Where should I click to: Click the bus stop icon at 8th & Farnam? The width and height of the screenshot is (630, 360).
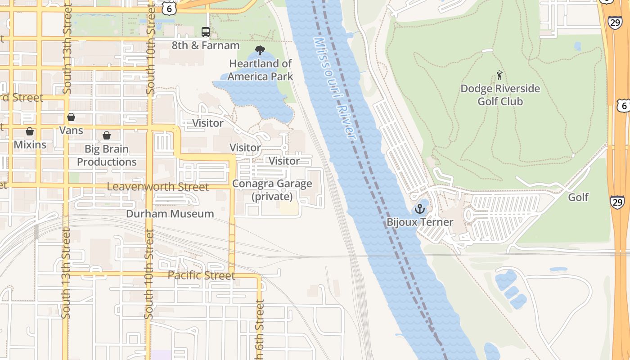tap(206, 32)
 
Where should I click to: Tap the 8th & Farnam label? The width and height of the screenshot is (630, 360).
tap(206, 45)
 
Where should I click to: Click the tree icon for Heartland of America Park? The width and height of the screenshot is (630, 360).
tap(260, 50)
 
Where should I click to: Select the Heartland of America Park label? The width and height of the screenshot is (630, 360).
tap(260, 70)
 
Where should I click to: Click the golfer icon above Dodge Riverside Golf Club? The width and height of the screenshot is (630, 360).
tap(499, 75)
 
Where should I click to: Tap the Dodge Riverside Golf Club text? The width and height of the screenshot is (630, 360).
tap(500, 95)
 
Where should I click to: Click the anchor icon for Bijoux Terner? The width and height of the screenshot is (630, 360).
tap(419, 209)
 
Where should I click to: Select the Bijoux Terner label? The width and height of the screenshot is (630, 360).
tap(419, 222)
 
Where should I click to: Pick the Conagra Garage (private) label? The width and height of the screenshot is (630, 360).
tap(272, 190)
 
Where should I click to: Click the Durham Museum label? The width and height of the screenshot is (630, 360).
tap(170, 214)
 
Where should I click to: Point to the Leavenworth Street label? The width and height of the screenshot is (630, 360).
tap(158, 187)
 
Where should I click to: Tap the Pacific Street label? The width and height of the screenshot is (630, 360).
tap(201, 275)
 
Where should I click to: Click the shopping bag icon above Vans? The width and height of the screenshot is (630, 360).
tap(71, 117)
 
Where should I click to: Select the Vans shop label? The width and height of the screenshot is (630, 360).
tap(71, 130)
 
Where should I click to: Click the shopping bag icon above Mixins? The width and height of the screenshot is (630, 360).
tap(30, 131)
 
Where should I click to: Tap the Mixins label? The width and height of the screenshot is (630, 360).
tap(30, 144)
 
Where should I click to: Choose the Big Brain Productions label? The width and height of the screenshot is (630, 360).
tap(107, 155)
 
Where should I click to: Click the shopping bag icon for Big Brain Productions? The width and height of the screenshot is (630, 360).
tap(107, 135)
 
